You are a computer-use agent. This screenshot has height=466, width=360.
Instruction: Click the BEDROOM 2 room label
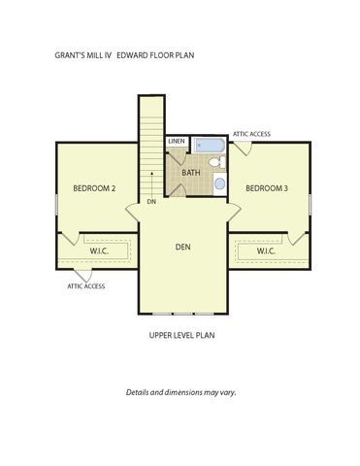click(94, 188)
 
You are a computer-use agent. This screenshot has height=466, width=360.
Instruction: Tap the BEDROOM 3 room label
click(267, 188)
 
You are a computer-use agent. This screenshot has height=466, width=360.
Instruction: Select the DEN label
click(182, 247)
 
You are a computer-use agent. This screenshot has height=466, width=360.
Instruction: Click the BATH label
click(191, 173)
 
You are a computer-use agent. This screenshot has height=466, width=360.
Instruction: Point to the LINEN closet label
click(177, 141)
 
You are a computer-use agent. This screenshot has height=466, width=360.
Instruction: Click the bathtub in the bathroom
click(210, 145)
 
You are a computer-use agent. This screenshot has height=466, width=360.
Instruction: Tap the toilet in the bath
click(217, 161)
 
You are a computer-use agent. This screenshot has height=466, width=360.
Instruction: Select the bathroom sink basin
click(219, 183)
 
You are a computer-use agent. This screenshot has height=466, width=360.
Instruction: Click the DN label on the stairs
click(151, 202)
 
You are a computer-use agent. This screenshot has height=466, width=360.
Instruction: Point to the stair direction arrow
click(151, 184)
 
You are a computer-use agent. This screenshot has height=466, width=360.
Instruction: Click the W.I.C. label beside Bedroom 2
click(99, 251)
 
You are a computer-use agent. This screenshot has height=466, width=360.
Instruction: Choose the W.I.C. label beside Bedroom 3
click(266, 251)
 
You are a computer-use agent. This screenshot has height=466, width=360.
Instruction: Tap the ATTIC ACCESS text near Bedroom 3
click(251, 134)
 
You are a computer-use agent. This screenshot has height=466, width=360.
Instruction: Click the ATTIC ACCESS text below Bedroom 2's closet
click(85, 286)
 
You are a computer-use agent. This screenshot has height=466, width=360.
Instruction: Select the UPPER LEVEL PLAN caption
click(181, 335)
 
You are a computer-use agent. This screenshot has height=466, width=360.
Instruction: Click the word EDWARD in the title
click(133, 55)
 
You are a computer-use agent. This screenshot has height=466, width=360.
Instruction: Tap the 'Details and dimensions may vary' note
click(180, 392)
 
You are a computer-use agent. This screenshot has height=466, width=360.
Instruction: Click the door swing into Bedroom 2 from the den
click(132, 213)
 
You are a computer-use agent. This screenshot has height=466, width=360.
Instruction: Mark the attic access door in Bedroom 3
click(244, 149)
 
